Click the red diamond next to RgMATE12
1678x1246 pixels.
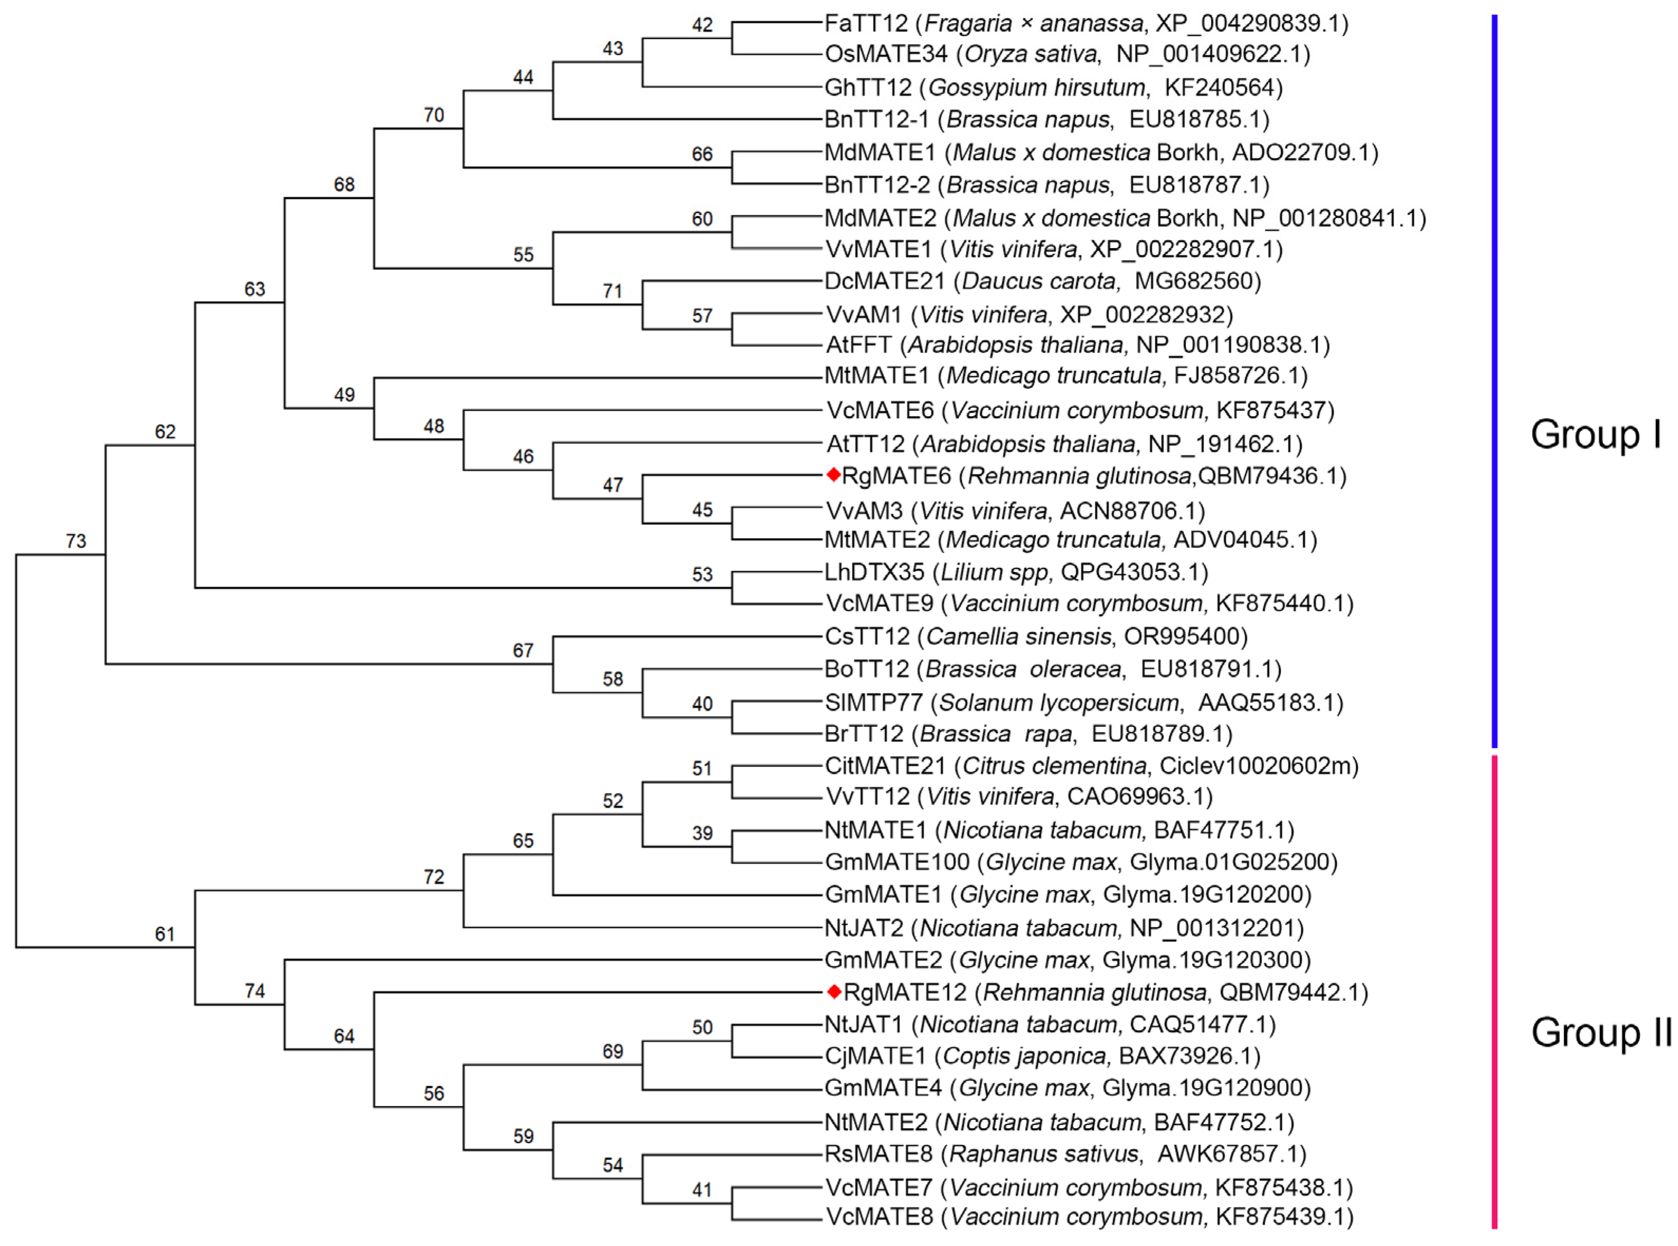[x=833, y=991]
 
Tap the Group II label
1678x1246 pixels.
[x=1601, y=1032]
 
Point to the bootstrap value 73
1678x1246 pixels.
[x=76, y=541]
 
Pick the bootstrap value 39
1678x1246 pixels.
[x=701, y=832]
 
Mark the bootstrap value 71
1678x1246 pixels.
[x=612, y=291]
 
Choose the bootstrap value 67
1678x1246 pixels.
[x=523, y=650]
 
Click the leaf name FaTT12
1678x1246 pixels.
[x=866, y=23]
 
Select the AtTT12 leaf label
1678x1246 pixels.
[x=865, y=444]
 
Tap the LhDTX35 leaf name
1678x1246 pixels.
[x=874, y=572]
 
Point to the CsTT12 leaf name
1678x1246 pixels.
[x=867, y=636]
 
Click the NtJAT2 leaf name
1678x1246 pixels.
[x=864, y=928]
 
